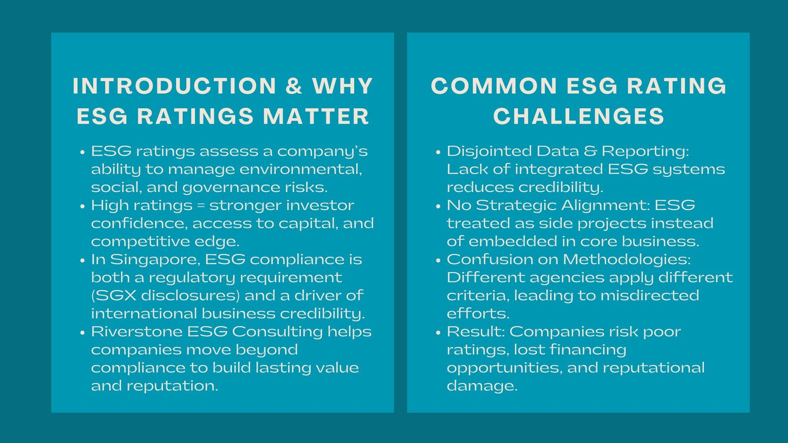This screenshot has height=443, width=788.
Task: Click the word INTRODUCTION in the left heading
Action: pos(174,86)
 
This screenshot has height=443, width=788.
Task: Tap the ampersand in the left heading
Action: pos(294,86)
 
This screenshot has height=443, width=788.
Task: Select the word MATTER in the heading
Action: pos(316,116)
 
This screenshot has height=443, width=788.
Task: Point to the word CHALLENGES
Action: pos(579,116)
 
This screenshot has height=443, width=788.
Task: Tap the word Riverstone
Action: pos(136,332)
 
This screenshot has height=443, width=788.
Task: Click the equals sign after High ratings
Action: pos(201,206)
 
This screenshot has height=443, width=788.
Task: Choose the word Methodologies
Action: pos(626,260)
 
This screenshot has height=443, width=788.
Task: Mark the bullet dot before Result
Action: pos(438,332)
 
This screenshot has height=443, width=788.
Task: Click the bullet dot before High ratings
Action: pos(83,206)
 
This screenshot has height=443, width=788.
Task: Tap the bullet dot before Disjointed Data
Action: pos(438,152)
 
